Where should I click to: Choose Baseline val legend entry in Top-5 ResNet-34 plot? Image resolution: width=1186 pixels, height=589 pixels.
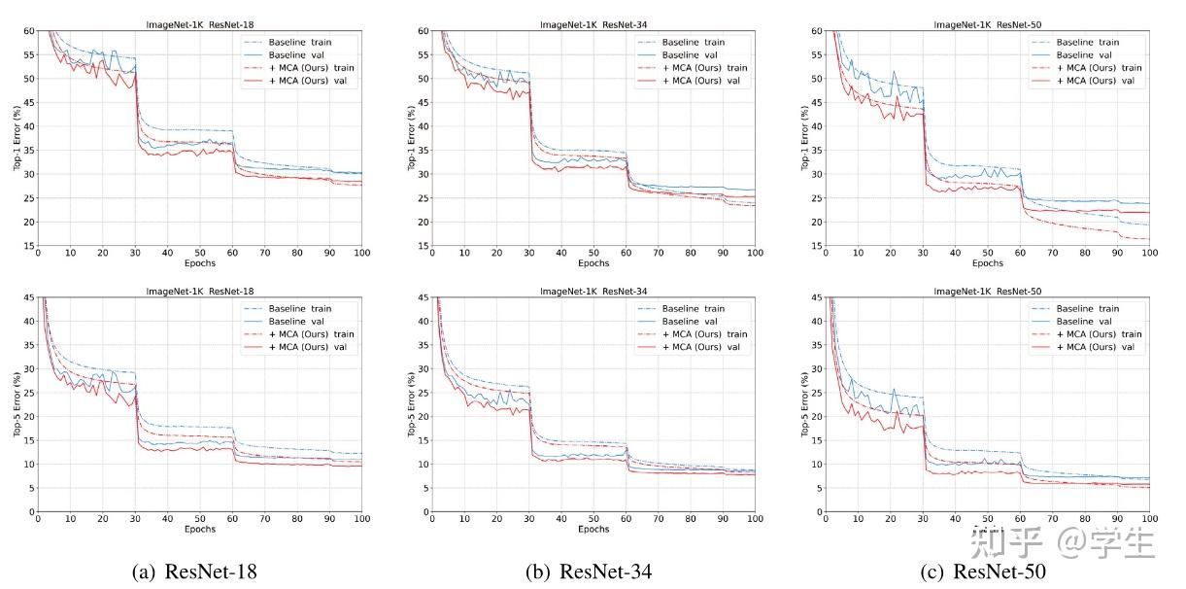(x=692, y=322)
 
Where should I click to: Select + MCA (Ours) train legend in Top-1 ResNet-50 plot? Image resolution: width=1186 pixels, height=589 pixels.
(x=1095, y=68)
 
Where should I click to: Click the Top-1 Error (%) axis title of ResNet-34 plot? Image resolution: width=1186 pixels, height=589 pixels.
(x=411, y=138)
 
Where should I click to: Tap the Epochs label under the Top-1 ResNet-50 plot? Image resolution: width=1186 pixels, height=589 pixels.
(x=987, y=263)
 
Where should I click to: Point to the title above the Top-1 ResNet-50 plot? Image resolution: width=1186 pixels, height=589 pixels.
(x=988, y=23)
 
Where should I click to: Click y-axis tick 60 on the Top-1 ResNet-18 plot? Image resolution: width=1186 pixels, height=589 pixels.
(x=29, y=31)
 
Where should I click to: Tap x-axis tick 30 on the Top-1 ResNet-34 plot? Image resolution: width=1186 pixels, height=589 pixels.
(x=529, y=255)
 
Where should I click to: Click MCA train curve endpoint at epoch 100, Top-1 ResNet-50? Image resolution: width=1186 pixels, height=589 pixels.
(x=1148, y=239)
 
